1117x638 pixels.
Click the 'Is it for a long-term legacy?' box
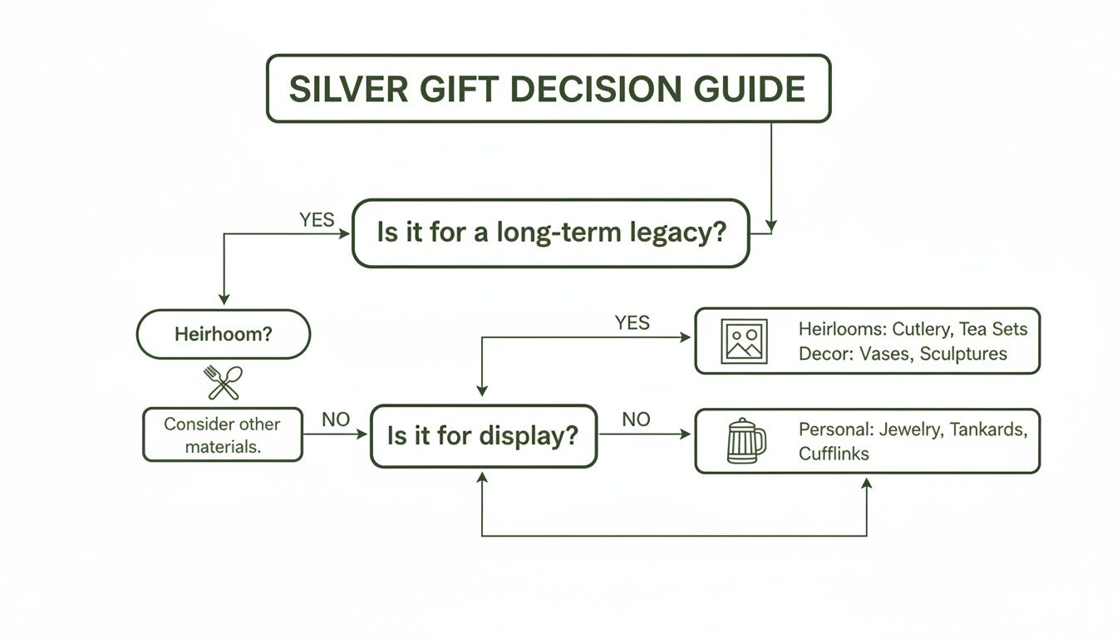point(550,233)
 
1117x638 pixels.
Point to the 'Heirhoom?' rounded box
point(223,335)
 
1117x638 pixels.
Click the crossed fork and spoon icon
point(223,383)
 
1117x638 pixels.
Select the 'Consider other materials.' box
point(222,434)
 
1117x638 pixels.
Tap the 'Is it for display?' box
point(483,436)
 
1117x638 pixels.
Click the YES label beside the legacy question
point(317,220)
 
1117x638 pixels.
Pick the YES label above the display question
point(632,323)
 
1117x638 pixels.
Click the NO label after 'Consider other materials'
point(336,420)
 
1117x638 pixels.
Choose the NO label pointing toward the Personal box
point(636,420)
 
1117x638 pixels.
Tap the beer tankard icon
point(745,440)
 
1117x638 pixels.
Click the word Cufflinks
point(834,454)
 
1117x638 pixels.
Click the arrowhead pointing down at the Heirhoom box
point(223,300)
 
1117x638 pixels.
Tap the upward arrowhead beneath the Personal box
point(867,483)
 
